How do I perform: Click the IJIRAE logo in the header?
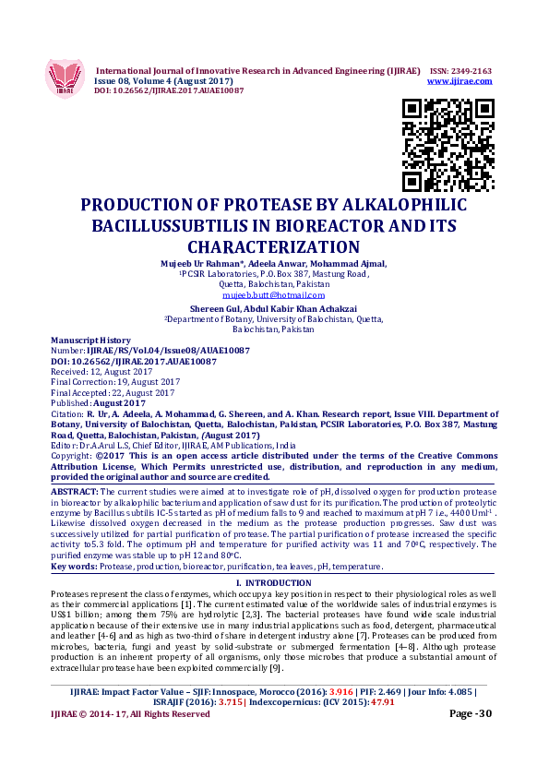pyautogui.click(x=64, y=75)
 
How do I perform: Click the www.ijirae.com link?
pyautogui.click(x=459, y=81)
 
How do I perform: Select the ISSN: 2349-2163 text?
pyautogui.click(x=460, y=71)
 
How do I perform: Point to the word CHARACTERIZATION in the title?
pyautogui.click(x=274, y=246)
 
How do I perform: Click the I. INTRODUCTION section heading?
pyautogui.click(x=274, y=583)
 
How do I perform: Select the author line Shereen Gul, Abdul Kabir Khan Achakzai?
pyautogui.click(x=274, y=307)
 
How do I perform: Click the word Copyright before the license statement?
pyautogui.click(x=70, y=455)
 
